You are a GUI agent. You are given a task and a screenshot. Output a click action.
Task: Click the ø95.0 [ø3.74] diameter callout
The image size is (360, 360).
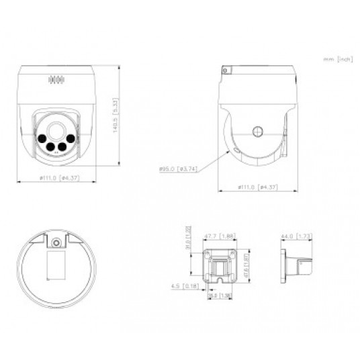177,169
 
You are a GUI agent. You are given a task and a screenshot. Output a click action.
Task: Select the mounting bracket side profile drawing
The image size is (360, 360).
296,263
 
